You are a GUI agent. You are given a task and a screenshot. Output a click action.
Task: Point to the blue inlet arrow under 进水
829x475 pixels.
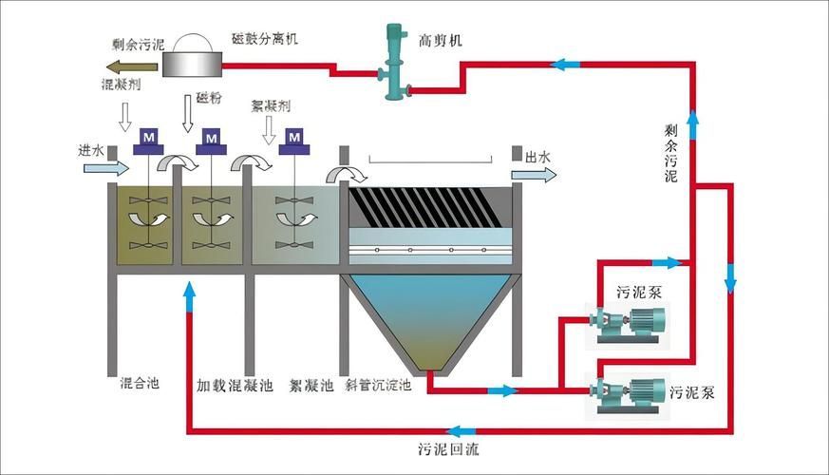click(x=105, y=168)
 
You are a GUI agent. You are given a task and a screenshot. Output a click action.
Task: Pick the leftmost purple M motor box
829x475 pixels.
click(x=147, y=141)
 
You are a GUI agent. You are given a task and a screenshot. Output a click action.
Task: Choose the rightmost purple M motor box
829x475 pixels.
click(x=295, y=141)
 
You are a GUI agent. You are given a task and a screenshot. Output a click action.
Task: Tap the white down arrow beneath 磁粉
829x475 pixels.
click(x=187, y=114)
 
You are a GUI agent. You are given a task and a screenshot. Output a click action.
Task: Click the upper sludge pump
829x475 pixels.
click(x=628, y=322)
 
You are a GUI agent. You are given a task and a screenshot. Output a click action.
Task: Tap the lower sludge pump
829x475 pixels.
click(x=628, y=390)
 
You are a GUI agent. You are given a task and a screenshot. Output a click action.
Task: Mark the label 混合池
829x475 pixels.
click(x=140, y=384)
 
